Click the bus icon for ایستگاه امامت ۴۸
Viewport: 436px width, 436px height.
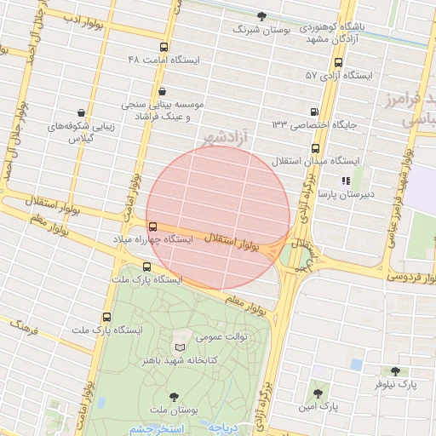[x=163, y=48]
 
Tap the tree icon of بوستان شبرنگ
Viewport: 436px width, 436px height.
[x=261, y=16]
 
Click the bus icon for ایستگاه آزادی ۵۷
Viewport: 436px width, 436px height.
[x=339, y=63]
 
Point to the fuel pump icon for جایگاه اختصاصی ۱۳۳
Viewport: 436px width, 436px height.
[x=316, y=112]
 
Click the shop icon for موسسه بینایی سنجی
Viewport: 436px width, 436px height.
[x=162, y=91]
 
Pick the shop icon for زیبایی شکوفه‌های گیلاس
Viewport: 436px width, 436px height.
[x=81, y=112]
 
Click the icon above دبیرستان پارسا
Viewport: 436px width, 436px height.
[x=345, y=181]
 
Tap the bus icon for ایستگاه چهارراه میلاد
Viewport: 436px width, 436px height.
[x=152, y=227]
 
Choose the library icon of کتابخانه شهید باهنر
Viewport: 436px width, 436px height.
[x=179, y=347]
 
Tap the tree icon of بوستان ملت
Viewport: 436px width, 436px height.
[x=174, y=396]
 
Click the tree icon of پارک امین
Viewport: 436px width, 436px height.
[x=318, y=393]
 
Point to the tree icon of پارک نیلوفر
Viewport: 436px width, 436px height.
[x=394, y=371]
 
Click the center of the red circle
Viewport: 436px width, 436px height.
[x=219, y=218]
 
